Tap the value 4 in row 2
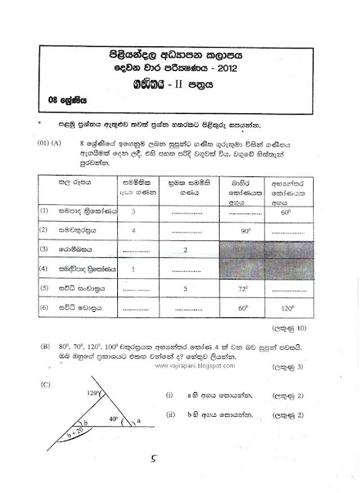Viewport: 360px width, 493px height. pyautogui.click(x=133, y=230)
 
